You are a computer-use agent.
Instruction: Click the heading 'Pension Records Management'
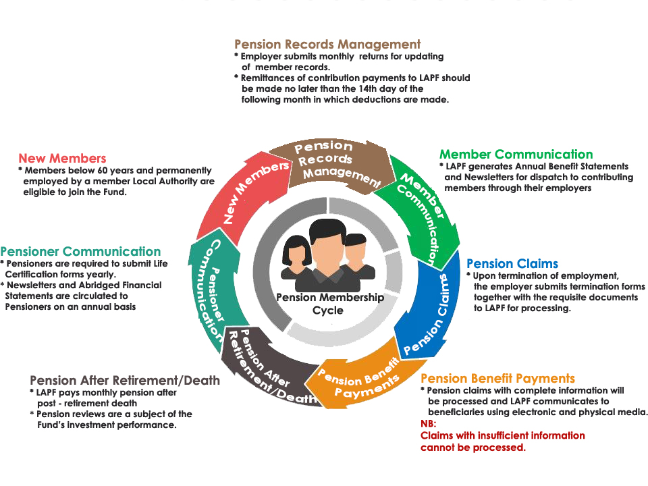tap(327, 45)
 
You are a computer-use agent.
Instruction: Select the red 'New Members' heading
tap(62, 159)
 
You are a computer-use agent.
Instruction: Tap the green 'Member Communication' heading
tap(516, 155)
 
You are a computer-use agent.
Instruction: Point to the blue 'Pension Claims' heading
tap(512, 263)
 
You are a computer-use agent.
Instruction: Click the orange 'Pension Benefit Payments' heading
tap(497, 379)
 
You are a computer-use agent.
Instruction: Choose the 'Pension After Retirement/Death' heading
tap(125, 380)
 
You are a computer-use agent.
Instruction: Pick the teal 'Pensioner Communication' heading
tap(80, 252)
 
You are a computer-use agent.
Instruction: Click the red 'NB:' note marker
tap(429, 424)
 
